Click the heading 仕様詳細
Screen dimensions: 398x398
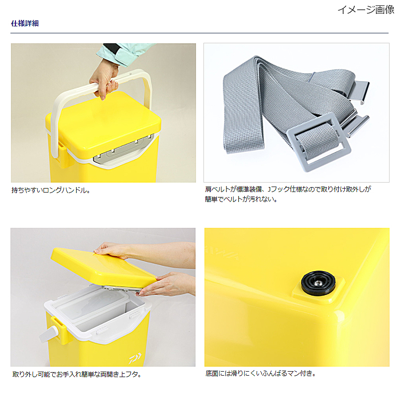tap(25, 23)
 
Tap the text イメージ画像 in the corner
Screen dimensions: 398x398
tap(366, 10)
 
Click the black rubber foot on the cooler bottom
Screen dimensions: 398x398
tap(318, 283)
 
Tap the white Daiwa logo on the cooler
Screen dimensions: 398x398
tap(135, 358)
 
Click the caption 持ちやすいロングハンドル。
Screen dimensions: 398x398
tap(51, 190)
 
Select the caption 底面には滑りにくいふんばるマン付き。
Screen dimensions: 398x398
tap(261, 374)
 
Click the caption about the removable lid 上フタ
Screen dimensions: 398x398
tap(77, 374)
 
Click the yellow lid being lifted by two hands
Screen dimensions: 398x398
tap(103, 267)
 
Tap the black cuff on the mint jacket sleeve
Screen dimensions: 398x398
tap(111, 49)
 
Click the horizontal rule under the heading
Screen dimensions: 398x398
tap(199, 33)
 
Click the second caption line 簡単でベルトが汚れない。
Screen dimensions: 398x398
tap(241, 199)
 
